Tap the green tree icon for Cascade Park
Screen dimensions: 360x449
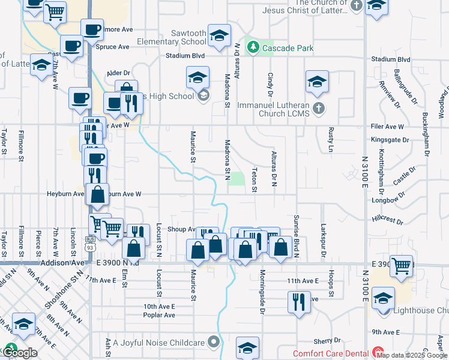[x=254, y=47]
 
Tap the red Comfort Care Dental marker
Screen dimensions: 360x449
[x=378, y=353]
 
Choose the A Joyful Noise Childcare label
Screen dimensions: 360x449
[x=158, y=343]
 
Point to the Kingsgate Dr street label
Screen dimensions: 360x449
[x=390, y=139]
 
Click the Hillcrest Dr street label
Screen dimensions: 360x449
[x=387, y=220]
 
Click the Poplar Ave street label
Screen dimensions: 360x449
[x=159, y=315]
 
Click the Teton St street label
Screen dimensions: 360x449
[x=255, y=180]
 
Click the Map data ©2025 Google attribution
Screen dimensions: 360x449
[x=411, y=355]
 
